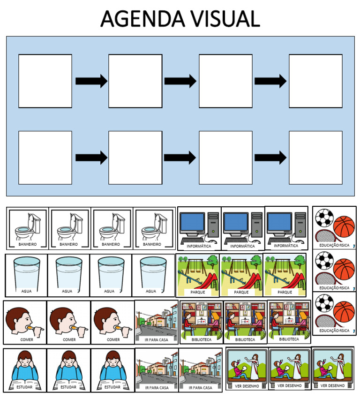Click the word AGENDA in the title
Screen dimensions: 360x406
tap(142, 19)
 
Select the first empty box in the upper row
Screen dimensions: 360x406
tap(45, 81)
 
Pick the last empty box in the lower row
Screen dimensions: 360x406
tap(316, 158)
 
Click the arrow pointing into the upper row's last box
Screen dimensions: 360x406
tap(270, 81)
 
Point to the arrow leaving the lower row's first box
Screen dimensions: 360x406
tap(91, 158)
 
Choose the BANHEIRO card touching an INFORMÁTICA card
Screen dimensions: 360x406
tap(154, 228)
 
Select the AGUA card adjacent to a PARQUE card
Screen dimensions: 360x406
tap(153, 275)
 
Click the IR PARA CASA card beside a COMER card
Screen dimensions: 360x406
tap(157, 322)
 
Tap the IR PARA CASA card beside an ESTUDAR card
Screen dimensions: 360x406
tap(157, 370)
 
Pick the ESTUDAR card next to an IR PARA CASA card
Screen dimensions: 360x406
tap(112, 370)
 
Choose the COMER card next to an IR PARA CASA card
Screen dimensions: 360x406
tap(112, 323)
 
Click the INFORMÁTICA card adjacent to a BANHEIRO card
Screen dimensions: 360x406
tap(199, 228)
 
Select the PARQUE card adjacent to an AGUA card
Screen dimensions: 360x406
tap(197, 275)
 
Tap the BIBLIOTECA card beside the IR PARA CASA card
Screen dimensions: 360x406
tap(202, 322)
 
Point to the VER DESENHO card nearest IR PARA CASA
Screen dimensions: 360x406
tap(247, 368)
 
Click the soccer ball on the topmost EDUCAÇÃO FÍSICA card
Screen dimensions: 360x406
tap(324, 218)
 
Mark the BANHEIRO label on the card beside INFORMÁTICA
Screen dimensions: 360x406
tap(152, 244)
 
